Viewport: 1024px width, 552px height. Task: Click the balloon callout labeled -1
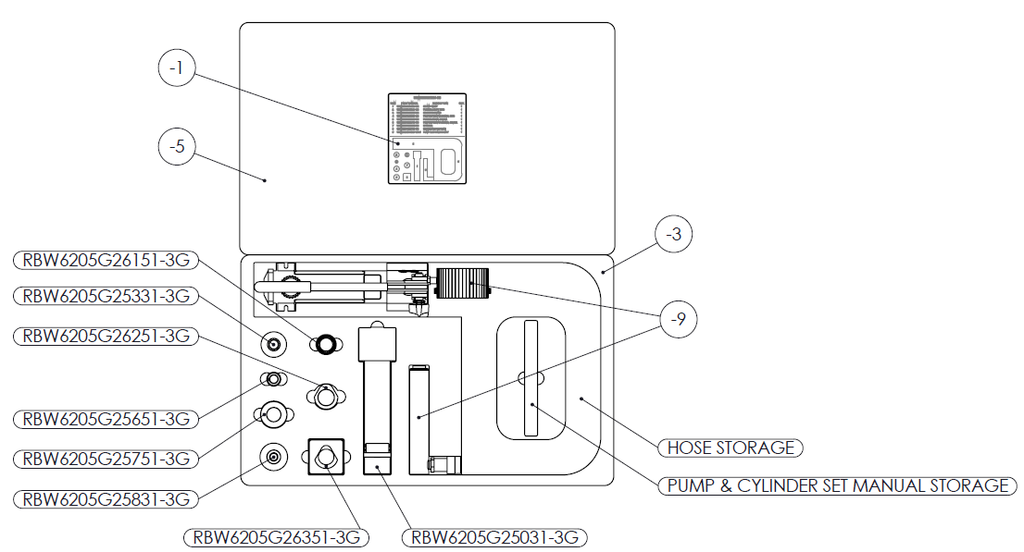pyautogui.click(x=176, y=67)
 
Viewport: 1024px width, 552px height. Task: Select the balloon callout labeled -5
pyautogui.click(x=176, y=146)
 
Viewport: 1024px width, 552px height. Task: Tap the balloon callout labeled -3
pyautogui.click(x=673, y=235)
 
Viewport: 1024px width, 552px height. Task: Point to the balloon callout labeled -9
pyautogui.click(x=679, y=320)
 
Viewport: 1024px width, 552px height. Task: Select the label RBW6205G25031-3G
pyautogui.click(x=495, y=537)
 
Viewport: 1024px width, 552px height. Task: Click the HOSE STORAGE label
pyautogui.click(x=731, y=448)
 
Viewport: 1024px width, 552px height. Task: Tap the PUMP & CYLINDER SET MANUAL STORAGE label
pyautogui.click(x=837, y=485)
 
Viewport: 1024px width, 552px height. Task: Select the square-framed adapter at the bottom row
pyautogui.click(x=325, y=457)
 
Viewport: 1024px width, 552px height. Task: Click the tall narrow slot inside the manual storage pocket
pyautogui.click(x=531, y=378)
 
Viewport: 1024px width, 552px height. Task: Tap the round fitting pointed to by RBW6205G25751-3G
pyautogui.click(x=273, y=415)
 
